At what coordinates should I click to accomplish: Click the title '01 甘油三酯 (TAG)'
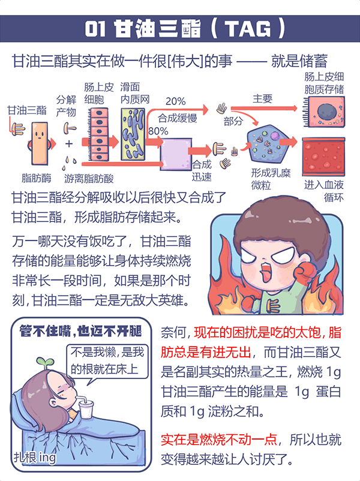coord(180,28)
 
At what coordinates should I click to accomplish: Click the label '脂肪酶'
coord(37,178)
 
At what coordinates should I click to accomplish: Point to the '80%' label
coord(158,130)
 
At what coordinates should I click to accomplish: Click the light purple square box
coord(176,154)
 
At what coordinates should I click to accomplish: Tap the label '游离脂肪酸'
coord(89,178)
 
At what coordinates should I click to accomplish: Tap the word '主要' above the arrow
coord(262,98)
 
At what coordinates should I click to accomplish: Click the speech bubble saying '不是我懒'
coord(107,359)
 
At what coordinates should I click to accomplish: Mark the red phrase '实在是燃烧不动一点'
coord(218,439)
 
